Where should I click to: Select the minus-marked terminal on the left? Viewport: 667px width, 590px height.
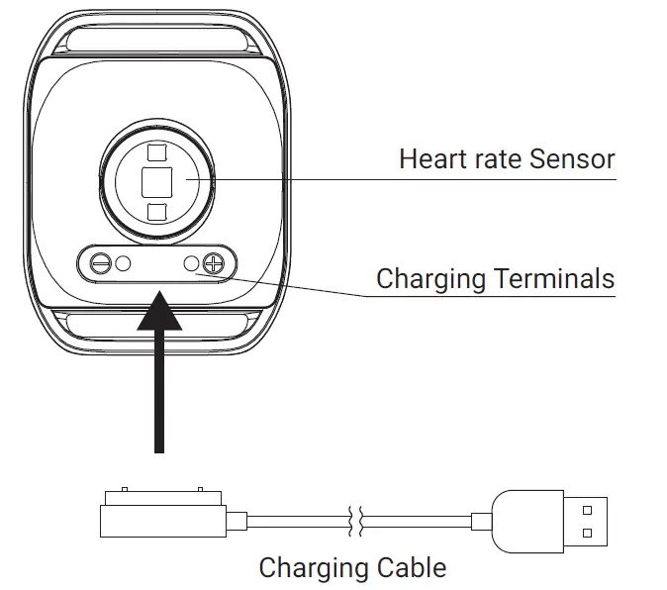(x=99, y=264)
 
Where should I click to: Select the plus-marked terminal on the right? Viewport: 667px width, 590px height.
(x=213, y=264)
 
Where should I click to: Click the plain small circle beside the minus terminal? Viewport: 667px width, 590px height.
(x=124, y=264)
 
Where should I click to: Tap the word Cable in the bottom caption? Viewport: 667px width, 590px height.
(x=412, y=568)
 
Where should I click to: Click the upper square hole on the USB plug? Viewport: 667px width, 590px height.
(x=587, y=511)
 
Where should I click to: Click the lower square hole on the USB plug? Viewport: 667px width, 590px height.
(x=587, y=533)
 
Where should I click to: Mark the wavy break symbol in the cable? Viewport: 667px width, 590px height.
(x=355, y=521)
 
